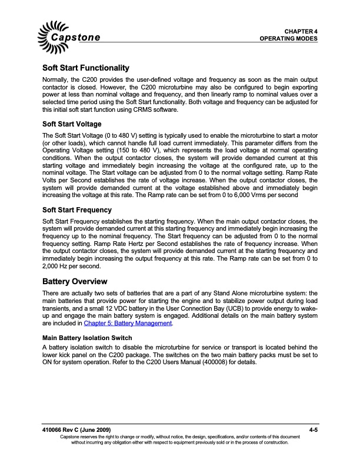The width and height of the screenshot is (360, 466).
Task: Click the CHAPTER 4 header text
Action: tap(301, 30)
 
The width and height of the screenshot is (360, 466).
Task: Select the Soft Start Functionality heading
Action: tap(86, 69)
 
